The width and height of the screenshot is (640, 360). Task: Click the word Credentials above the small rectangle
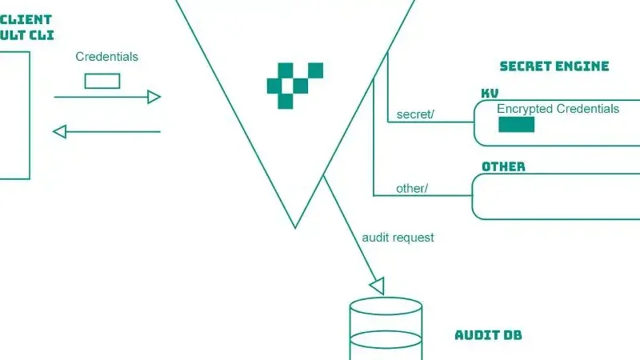pyautogui.click(x=106, y=57)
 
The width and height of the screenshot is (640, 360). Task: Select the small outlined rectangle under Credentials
pyautogui.click(x=102, y=81)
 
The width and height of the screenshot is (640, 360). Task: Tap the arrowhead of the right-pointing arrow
pyautogui.click(x=154, y=98)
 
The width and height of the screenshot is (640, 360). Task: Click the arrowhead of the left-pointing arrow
pyautogui.click(x=58, y=131)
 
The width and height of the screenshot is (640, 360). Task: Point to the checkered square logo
pyautogui.click(x=294, y=85)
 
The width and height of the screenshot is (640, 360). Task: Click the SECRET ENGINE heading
pyautogui.click(x=554, y=66)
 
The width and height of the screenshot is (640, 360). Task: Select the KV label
pyautogui.click(x=490, y=94)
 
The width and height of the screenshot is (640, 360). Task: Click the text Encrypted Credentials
pyautogui.click(x=558, y=109)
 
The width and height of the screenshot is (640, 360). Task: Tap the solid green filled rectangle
pyautogui.click(x=516, y=124)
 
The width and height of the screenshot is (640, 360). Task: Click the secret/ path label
pyautogui.click(x=415, y=114)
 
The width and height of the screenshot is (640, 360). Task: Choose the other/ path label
pyautogui.click(x=412, y=189)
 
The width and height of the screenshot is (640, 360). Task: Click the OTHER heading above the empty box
pyautogui.click(x=503, y=166)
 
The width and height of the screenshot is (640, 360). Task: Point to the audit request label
pyautogui.click(x=398, y=238)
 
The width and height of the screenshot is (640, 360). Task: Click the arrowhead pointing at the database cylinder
pyautogui.click(x=378, y=285)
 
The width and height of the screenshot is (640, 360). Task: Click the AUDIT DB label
pyautogui.click(x=488, y=335)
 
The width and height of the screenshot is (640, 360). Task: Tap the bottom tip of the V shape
pyautogui.click(x=295, y=226)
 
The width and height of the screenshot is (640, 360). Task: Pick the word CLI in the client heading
pyautogui.click(x=42, y=35)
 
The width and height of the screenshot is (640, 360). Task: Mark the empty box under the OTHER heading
pyautogui.click(x=556, y=196)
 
